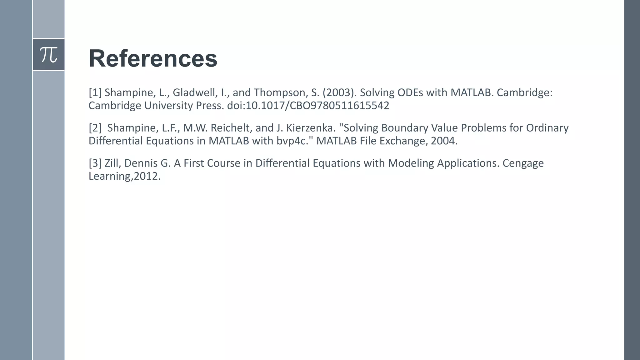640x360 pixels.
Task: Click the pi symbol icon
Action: [49, 55]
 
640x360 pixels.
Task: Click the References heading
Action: [153, 58]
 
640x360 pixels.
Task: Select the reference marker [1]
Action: [95, 93]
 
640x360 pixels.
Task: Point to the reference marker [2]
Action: [95, 128]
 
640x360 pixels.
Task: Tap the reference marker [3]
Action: [95, 163]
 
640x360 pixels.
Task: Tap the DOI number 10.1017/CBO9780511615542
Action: [317, 106]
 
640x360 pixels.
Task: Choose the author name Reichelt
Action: [230, 128]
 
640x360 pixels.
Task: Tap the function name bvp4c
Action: [291, 141]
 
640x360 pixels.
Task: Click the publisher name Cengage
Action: [523, 163]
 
